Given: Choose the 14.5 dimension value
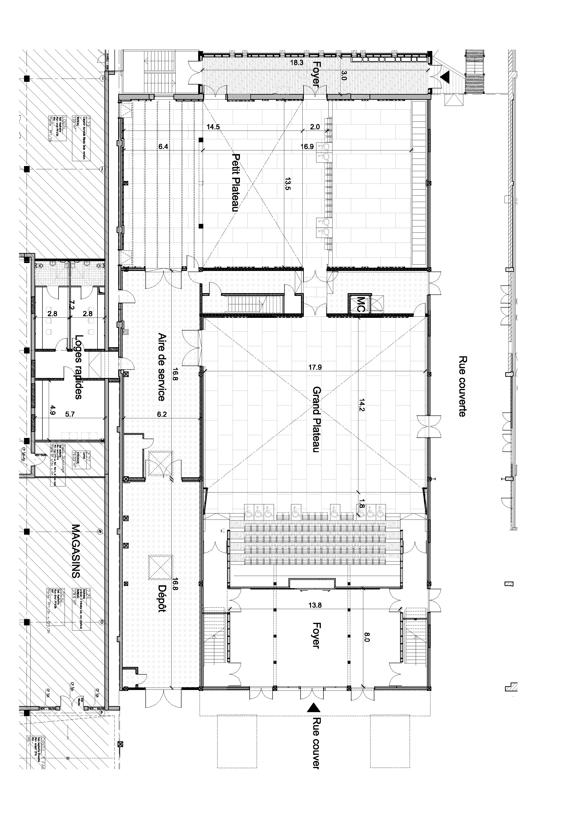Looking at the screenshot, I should click(x=213, y=127).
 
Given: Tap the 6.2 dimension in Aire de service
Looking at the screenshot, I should click(x=162, y=414).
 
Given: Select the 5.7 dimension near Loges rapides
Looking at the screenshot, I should click(x=70, y=414).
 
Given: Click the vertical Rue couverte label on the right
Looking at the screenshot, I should click(x=462, y=386).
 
